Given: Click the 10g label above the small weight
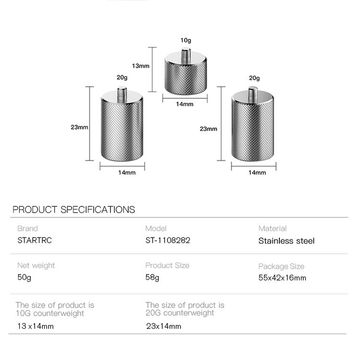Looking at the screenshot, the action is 185,40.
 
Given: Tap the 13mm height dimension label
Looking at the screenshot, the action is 141,66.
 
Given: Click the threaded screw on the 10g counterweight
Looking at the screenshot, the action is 186,55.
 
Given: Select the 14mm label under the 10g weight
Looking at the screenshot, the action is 185,104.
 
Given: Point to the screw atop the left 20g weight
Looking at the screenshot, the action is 122,94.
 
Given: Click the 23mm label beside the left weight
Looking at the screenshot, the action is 79,127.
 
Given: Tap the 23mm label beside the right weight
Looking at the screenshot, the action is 208,129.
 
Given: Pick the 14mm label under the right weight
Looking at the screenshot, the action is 257,172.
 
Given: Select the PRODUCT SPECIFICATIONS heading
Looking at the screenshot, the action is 74,210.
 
